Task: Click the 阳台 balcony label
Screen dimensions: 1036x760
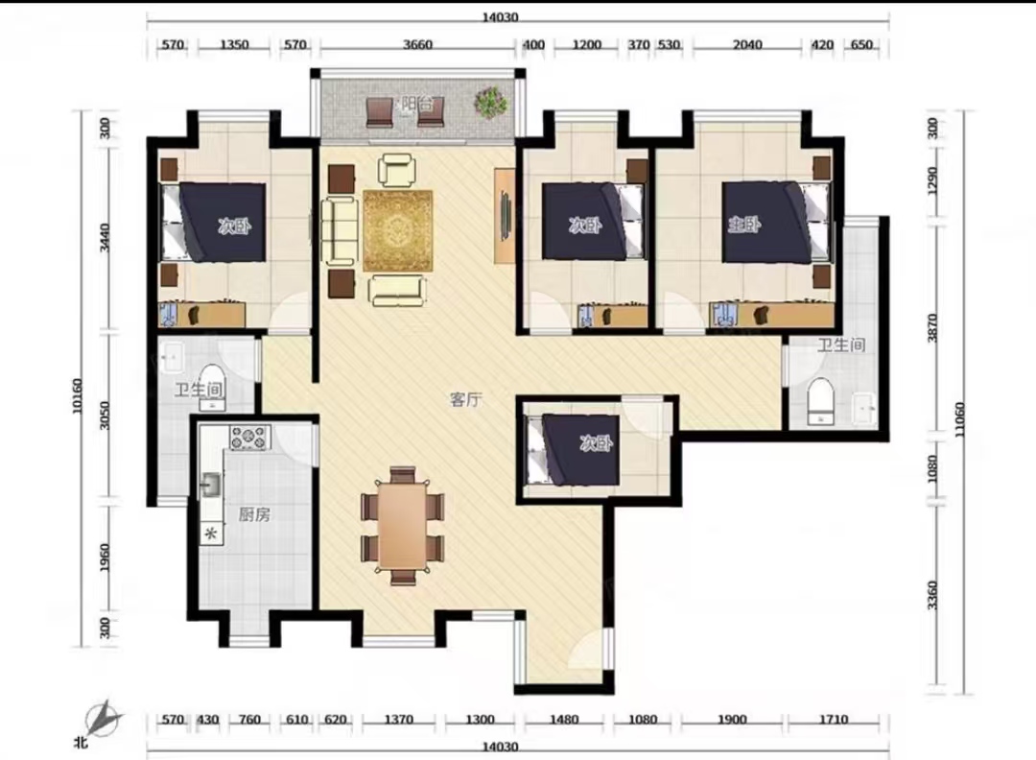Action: point(416,104)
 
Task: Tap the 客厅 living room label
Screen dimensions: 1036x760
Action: point(466,399)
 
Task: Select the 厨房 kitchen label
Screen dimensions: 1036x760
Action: point(254,514)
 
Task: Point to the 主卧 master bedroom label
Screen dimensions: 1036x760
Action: point(744,226)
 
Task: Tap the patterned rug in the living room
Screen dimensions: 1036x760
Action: point(397,230)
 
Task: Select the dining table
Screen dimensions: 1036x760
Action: point(402,525)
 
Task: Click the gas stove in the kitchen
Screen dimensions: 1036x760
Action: point(249,438)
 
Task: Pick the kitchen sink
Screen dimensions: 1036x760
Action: point(211,486)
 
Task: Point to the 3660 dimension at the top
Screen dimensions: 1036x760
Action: point(417,45)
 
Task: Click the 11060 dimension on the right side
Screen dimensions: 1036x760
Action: point(959,419)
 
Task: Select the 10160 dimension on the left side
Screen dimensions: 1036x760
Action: point(78,396)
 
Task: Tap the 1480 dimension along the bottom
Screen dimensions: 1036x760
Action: point(564,720)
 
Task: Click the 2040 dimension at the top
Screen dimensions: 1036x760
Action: point(746,45)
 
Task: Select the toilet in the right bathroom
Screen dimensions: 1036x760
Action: point(821,400)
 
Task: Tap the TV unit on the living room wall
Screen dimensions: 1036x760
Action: point(505,216)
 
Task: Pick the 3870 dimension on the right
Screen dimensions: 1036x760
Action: point(932,327)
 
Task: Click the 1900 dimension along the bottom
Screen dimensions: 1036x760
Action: point(732,720)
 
